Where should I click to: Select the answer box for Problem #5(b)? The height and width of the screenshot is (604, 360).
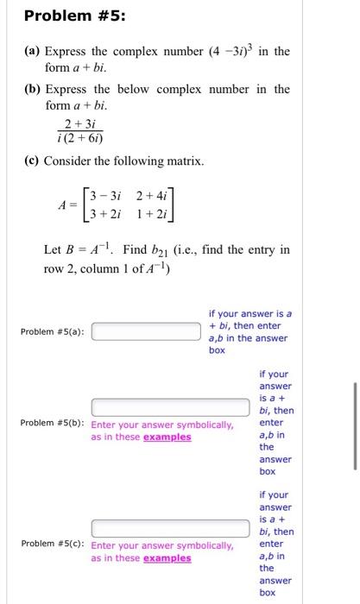coord(161,406)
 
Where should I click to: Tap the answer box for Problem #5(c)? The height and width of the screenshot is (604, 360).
coord(161,527)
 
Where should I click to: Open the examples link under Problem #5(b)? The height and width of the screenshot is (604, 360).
coord(167,437)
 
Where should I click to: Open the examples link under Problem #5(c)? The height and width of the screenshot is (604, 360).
coord(167,558)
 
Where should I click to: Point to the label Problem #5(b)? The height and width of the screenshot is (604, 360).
coord(53,425)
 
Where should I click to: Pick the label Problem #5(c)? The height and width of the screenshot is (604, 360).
coord(53,545)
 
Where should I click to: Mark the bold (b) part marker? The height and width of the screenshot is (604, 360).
coord(33,90)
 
